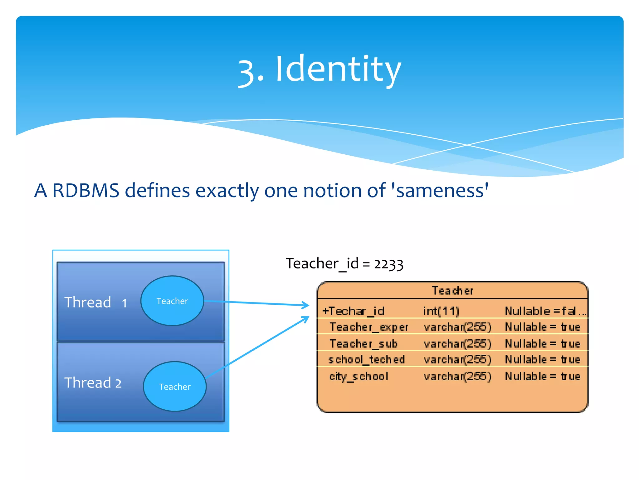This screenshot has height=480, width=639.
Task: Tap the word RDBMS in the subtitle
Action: coord(86,190)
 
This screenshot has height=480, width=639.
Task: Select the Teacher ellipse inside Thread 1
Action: coord(172,301)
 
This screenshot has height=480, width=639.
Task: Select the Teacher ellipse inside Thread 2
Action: coord(175,387)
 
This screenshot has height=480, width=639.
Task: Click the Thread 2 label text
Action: coord(93,383)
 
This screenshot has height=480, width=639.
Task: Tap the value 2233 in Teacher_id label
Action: coord(388,264)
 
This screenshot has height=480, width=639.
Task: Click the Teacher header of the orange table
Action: coord(452,291)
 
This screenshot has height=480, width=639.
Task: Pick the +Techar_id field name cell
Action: coord(354,311)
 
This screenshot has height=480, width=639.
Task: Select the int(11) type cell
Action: coord(441,311)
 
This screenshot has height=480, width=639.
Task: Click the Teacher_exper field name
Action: coord(369,327)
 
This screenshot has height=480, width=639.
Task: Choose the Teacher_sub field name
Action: coord(363,344)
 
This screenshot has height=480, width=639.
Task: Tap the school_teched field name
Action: coord(366,360)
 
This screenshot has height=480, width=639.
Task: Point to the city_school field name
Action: coord(359,376)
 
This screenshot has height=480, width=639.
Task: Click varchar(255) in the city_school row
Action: coord(457,376)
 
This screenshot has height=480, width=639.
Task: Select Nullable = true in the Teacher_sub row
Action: coord(543,344)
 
